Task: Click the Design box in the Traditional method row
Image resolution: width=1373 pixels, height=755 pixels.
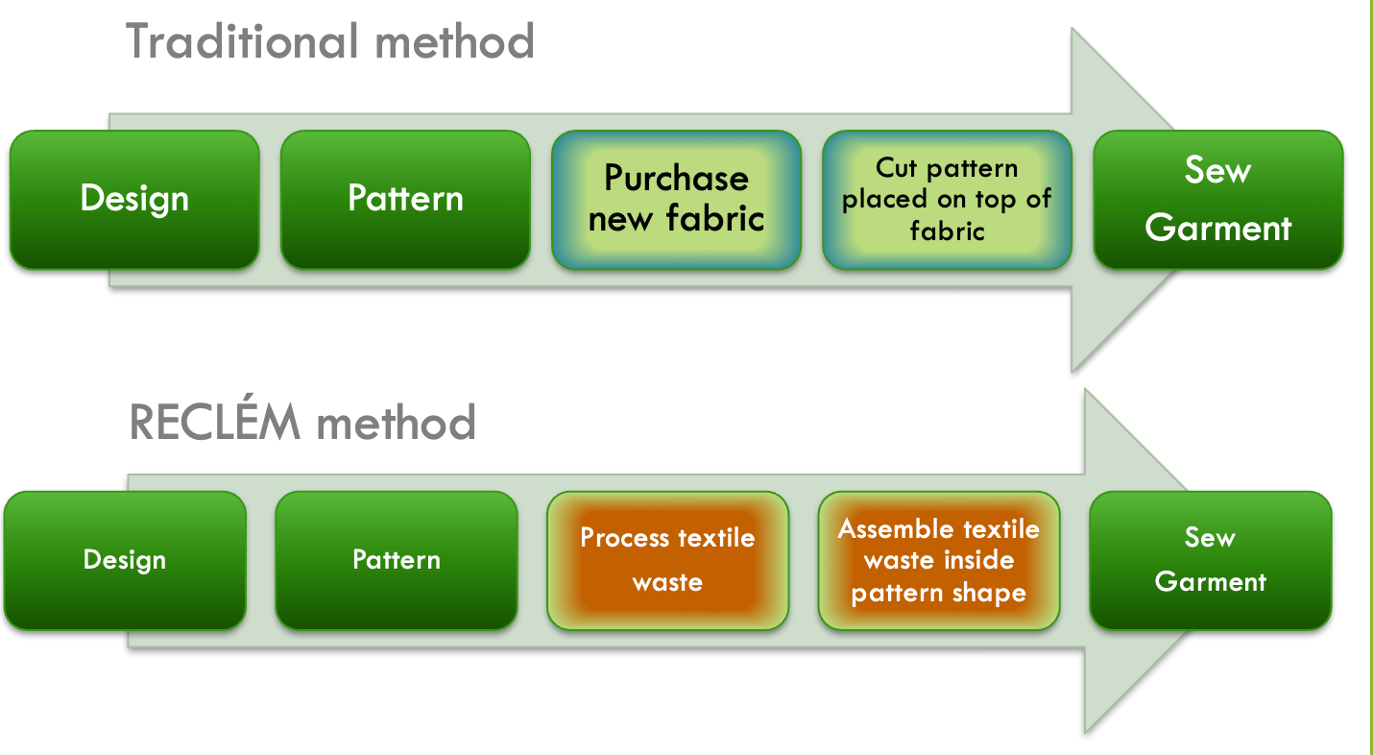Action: click(134, 200)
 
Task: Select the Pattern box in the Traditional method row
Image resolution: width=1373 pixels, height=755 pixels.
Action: click(405, 200)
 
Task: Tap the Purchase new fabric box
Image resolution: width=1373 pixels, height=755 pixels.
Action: click(676, 200)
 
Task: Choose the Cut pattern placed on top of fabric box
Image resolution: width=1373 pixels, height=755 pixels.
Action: click(947, 200)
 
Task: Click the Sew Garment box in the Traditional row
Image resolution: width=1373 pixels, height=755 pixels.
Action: click(1218, 200)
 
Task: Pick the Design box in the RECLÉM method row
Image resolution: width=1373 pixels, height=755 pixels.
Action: click(125, 561)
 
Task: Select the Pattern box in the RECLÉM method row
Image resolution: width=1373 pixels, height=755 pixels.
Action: click(396, 561)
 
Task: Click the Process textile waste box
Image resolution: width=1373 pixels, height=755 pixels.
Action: click(667, 561)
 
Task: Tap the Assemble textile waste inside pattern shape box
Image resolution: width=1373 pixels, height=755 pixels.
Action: click(938, 561)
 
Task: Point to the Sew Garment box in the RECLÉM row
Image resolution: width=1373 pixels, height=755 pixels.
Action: click(1210, 561)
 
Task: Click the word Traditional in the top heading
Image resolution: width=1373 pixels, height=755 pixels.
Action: click(242, 41)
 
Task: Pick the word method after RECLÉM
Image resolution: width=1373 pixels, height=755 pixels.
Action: click(396, 423)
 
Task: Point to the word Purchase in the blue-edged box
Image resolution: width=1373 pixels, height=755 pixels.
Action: click(676, 179)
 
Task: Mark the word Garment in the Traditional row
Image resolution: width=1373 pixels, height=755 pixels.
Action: click(1218, 228)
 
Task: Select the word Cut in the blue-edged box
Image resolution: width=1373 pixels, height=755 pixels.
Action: click(896, 168)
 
